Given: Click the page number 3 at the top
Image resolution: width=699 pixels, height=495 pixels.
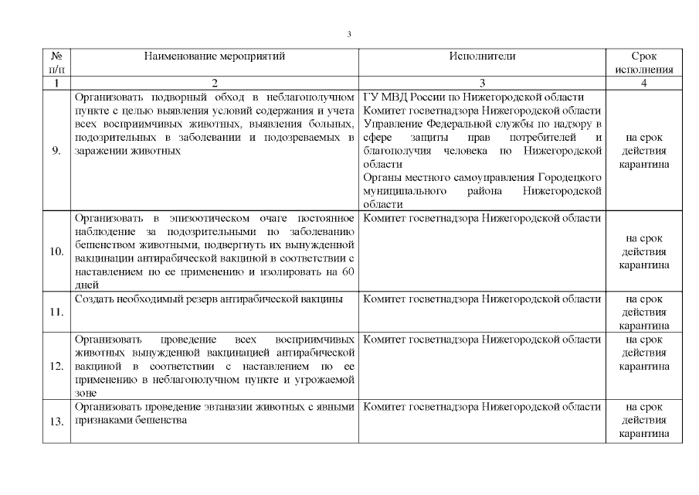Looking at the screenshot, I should click(x=350, y=34).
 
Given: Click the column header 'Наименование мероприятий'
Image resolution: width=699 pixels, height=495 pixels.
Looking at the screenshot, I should click(x=214, y=56).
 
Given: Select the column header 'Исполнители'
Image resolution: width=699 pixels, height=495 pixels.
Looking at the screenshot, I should click(x=482, y=56).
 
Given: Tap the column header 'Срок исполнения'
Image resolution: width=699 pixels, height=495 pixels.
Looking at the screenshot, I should click(x=643, y=63).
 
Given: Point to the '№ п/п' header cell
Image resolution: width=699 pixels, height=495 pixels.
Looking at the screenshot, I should click(x=56, y=63).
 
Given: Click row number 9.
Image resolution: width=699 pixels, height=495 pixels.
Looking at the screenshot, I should click(x=56, y=151).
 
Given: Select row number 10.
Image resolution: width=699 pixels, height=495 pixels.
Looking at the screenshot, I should click(x=56, y=252).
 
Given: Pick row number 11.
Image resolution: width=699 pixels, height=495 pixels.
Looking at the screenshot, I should click(x=56, y=312).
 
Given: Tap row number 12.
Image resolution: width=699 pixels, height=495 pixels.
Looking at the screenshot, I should click(x=56, y=366).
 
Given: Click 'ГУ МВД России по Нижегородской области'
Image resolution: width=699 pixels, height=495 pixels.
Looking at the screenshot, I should click(x=473, y=97).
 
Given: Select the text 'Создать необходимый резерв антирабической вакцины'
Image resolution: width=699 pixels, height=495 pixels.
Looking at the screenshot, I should click(x=209, y=299).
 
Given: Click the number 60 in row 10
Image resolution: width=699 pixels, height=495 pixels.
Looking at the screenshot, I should click(x=348, y=271).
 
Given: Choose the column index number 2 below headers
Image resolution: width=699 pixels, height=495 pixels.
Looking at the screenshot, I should click(x=214, y=83).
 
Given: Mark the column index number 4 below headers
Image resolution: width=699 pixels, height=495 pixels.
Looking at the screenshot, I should click(x=643, y=83).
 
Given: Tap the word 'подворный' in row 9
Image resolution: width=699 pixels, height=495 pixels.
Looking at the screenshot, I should click(x=166, y=97).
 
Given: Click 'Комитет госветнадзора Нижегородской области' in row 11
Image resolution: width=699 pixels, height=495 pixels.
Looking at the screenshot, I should click(x=482, y=299).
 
